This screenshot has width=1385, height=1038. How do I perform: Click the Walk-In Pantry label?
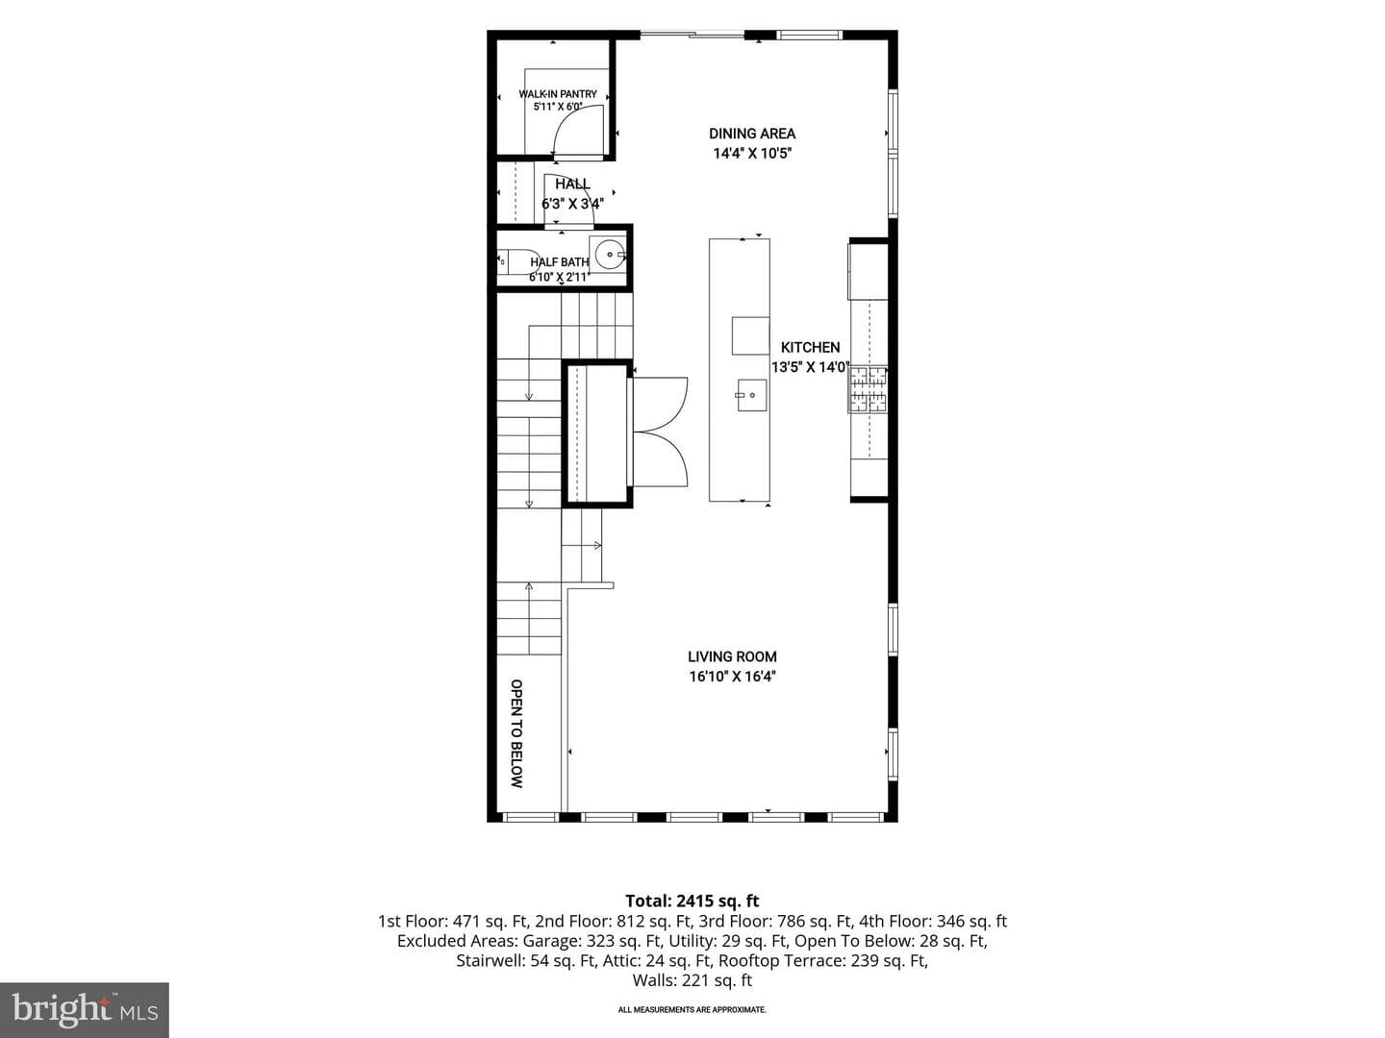tap(557, 94)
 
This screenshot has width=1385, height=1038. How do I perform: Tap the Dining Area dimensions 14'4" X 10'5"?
tap(751, 153)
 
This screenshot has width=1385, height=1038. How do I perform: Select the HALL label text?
tap(572, 184)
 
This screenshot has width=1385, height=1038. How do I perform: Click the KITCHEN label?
tap(810, 347)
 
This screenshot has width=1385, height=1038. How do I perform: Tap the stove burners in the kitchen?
tap(869, 389)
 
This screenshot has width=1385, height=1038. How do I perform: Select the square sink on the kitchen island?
tap(751, 395)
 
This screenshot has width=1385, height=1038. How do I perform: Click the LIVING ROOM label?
tap(732, 656)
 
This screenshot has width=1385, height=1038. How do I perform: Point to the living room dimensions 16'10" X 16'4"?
tap(732, 677)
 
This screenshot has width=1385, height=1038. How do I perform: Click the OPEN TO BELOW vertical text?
tap(516, 733)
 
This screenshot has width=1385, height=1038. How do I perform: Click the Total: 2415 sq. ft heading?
tap(692, 901)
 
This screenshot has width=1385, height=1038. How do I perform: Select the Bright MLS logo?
tap(85, 1009)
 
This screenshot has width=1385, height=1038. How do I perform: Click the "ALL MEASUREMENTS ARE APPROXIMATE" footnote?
tap(692, 1009)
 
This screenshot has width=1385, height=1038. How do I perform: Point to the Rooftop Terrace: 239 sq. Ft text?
tap(823, 961)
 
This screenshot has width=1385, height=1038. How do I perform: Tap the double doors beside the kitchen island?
tap(660, 432)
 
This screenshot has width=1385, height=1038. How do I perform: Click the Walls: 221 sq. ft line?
tap(692, 980)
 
